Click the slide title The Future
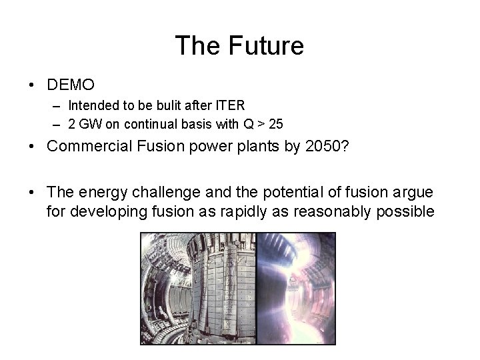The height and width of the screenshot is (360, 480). pos(239,46)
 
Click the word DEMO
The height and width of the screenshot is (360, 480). pos(71,85)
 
